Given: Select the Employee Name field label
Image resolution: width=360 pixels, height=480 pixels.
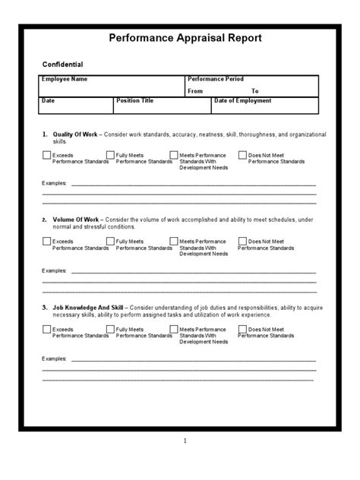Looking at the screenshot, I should tap(66, 79).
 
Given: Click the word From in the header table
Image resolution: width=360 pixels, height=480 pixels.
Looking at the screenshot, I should tap(195, 90).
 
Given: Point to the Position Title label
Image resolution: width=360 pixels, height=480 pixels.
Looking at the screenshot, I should tap(135, 100).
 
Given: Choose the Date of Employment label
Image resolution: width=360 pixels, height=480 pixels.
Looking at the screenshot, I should tap(242, 100).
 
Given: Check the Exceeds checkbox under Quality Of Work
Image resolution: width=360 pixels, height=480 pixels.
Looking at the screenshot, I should tap(47, 155).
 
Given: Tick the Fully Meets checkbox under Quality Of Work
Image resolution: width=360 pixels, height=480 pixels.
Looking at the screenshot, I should tap(110, 155).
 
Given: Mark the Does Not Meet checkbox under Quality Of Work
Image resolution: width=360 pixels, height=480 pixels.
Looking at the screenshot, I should tap(242, 155).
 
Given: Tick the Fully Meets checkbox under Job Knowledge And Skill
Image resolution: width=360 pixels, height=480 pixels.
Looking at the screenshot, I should tap(110, 330).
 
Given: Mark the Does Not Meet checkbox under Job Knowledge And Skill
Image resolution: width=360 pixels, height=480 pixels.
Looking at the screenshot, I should tap(242, 330).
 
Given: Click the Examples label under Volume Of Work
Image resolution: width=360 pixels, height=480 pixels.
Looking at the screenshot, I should tap(54, 270).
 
